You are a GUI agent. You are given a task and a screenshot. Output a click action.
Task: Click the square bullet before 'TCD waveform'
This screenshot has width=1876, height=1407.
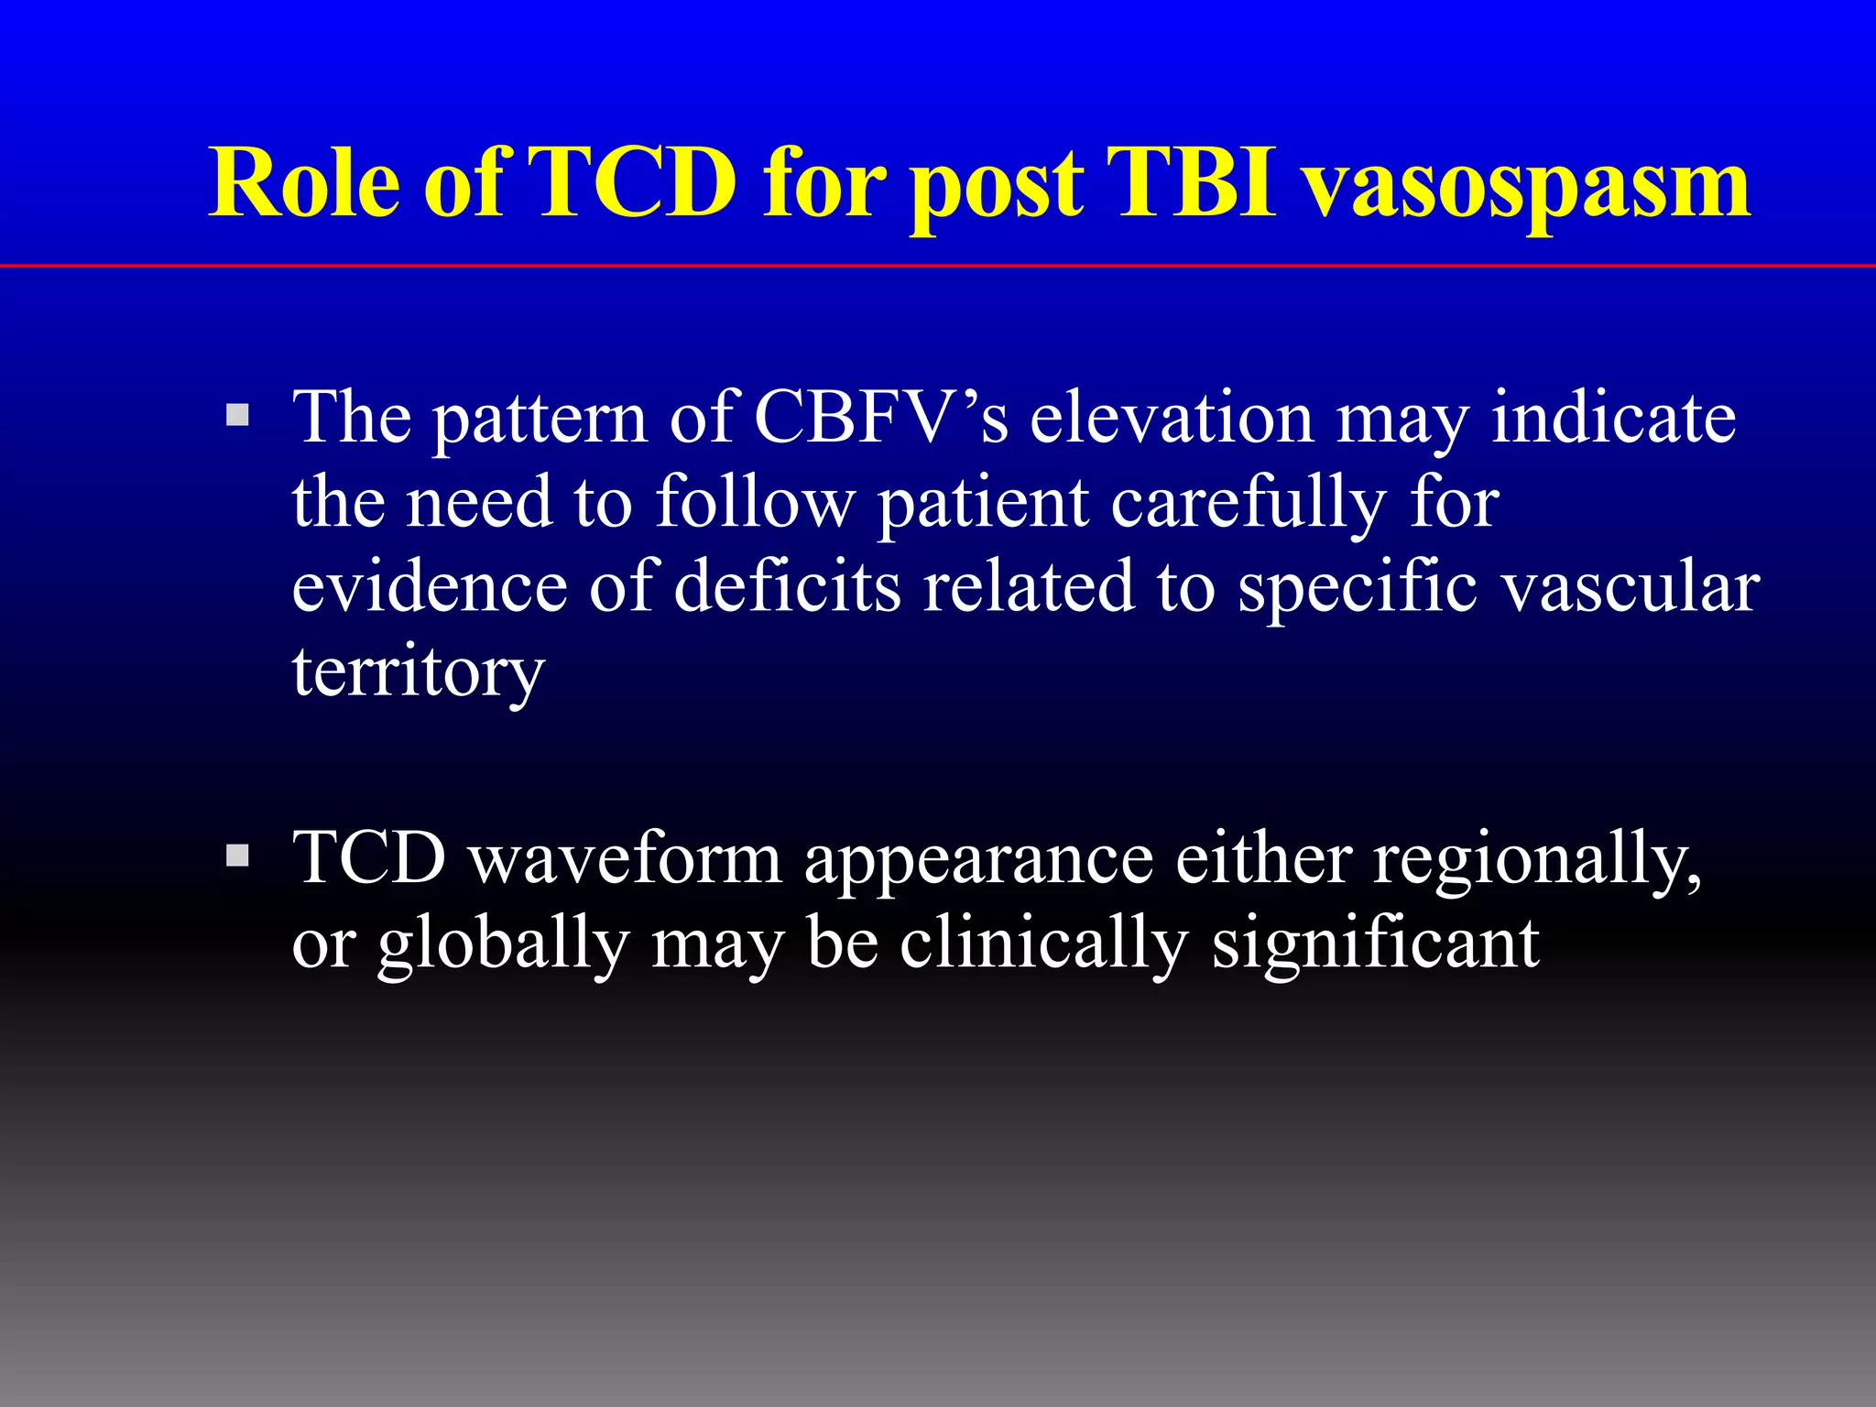(x=238, y=856)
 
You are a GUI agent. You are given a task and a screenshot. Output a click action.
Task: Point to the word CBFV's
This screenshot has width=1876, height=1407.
(x=880, y=418)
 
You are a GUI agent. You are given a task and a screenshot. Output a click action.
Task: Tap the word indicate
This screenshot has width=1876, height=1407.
(x=1613, y=418)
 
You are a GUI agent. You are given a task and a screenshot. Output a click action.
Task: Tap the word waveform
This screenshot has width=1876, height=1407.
(x=626, y=859)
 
